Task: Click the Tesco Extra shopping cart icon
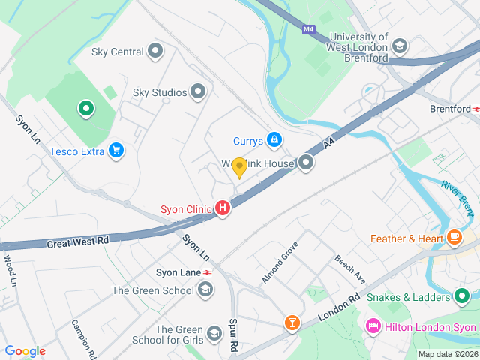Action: pyautogui.click(x=115, y=151)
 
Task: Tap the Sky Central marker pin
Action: pyautogui.click(x=155, y=51)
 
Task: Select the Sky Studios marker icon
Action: pyautogui.click(x=198, y=92)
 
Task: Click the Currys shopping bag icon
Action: pyautogui.click(x=275, y=140)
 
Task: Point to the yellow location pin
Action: pyautogui.click(x=239, y=167)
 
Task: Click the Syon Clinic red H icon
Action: pyautogui.click(x=223, y=209)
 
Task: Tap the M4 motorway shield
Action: pyautogui.click(x=309, y=30)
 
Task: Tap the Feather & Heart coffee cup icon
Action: pyautogui.click(x=454, y=238)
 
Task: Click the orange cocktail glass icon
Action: pyautogui.click(x=292, y=323)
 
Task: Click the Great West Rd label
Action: pyautogui.click(x=77, y=242)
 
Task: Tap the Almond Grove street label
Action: pyautogui.click(x=280, y=262)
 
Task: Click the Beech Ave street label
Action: pyautogui.click(x=350, y=268)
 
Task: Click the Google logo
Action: pyautogui.click(x=25, y=350)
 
